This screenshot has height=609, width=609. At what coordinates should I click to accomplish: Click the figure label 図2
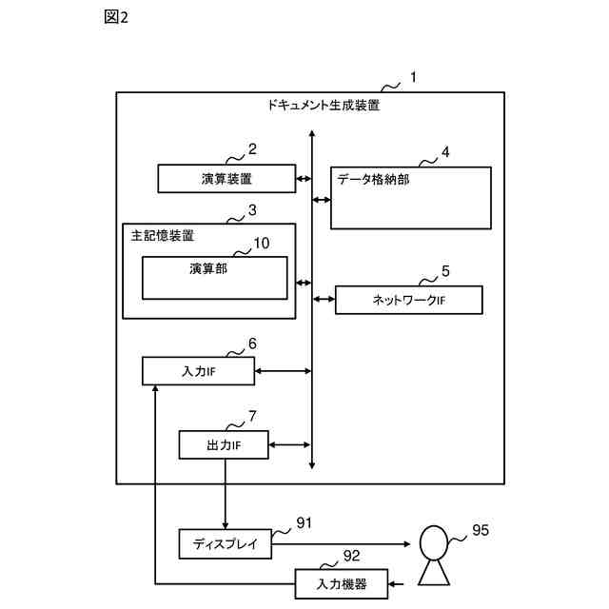[116, 17]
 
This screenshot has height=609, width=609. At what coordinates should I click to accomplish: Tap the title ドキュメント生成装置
[324, 105]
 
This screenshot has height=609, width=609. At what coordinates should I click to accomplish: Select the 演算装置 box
[226, 179]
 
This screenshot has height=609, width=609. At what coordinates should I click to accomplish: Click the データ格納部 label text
[373, 180]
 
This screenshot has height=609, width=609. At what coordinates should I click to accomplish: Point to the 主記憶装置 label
[163, 236]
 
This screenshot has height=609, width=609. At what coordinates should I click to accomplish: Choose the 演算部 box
[215, 278]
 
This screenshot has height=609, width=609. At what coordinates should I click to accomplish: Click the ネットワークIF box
[409, 300]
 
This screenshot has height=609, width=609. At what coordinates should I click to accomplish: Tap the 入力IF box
[199, 371]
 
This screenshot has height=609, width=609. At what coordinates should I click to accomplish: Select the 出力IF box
[224, 444]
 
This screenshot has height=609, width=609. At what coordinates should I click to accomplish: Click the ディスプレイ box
[226, 543]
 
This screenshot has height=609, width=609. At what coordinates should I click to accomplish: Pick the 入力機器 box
[342, 583]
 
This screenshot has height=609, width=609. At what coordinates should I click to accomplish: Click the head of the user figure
[434, 542]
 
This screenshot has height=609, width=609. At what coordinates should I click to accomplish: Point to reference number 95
[481, 530]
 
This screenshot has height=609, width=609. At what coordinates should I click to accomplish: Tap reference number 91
[304, 523]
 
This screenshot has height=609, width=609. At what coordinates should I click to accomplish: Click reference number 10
[262, 244]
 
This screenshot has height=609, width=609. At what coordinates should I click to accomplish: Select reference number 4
[445, 152]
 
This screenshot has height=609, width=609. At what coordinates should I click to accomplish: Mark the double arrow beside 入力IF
[284, 371]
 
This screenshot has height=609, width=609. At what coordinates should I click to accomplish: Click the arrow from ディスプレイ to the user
[341, 544]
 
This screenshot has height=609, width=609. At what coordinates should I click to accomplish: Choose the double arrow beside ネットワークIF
[324, 299]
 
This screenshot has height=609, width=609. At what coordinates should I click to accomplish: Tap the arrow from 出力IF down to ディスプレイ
[226, 494]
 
